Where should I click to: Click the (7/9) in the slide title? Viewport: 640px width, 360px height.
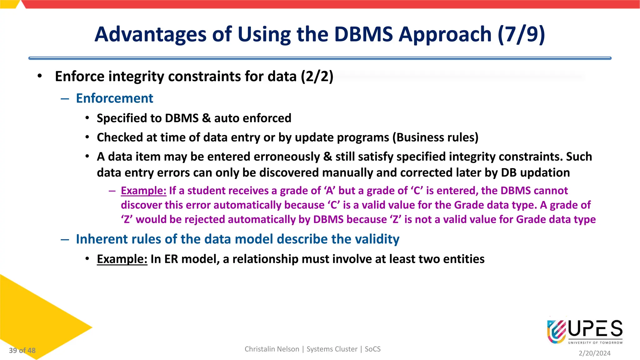coord(521,34)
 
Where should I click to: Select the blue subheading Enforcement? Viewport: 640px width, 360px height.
coord(114,98)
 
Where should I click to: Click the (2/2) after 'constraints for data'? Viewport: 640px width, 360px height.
coord(317,77)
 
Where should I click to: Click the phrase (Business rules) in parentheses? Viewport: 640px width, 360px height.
coord(435,137)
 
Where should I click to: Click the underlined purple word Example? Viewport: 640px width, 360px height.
coord(143,191)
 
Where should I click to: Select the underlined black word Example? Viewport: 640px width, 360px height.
coord(122,259)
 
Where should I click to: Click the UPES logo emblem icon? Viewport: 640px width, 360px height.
coord(557,331)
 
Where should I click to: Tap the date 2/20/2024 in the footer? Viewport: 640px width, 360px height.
coord(594,353)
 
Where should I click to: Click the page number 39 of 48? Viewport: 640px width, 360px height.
coord(22,350)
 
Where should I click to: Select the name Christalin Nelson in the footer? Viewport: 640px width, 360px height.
coord(272,349)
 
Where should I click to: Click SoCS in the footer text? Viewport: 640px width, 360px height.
coord(372,349)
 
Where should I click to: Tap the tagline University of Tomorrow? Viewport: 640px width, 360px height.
coord(595,343)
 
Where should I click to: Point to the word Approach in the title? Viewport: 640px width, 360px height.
coord(445,34)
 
